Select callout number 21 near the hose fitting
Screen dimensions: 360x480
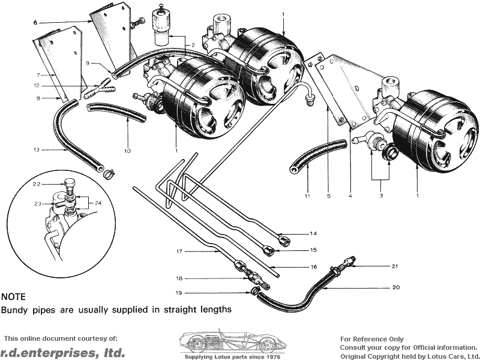click(394, 266)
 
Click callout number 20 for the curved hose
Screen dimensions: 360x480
click(396, 287)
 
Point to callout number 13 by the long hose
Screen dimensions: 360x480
click(36, 150)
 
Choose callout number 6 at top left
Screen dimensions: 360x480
click(35, 22)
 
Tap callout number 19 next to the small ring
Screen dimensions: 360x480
click(179, 293)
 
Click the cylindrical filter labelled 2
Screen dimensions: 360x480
click(161, 28)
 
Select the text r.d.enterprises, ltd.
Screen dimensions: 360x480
click(62, 352)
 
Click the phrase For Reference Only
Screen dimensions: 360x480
click(371, 339)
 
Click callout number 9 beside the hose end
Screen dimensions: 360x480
click(87, 63)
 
